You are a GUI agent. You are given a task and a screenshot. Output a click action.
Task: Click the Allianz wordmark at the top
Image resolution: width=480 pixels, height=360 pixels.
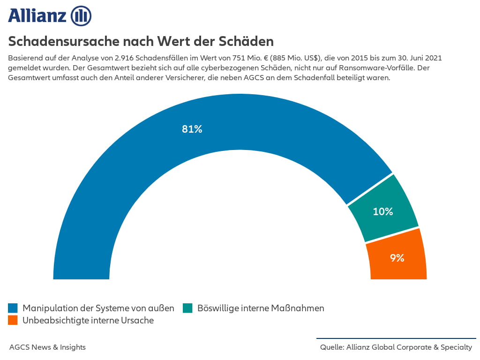(x=37, y=15)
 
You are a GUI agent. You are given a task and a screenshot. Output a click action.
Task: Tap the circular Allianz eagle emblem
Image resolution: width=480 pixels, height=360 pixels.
(x=81, y=16)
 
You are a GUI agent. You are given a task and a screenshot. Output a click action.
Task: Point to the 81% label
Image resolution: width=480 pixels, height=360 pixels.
(x=192, y=129)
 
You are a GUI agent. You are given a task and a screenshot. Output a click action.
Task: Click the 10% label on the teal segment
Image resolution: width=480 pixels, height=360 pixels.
(x=383, y=211)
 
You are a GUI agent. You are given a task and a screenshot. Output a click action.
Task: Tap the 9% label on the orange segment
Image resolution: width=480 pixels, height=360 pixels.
(x=397, y=257)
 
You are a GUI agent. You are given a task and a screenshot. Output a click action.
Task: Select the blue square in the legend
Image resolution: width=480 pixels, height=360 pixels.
(x=13, y=308)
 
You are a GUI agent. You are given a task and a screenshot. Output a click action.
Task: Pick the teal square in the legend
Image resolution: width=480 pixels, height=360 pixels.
(x=187, y=308)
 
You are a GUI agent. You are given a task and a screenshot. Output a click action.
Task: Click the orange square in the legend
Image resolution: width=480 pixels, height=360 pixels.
(x=13, y=320)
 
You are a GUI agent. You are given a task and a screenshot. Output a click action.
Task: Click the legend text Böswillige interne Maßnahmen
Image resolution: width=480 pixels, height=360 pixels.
(x=261, y=308)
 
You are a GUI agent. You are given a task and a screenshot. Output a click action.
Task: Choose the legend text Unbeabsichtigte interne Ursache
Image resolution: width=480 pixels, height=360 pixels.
(x=88, y=320)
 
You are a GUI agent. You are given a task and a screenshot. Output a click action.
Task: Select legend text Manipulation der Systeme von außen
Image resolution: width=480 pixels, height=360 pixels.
(x=98, y=308)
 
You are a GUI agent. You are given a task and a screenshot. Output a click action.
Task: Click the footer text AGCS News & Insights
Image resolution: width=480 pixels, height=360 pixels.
(x=47, y=347)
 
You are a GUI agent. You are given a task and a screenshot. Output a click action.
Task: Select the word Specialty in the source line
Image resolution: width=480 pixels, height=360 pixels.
(x=456, y=347)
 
